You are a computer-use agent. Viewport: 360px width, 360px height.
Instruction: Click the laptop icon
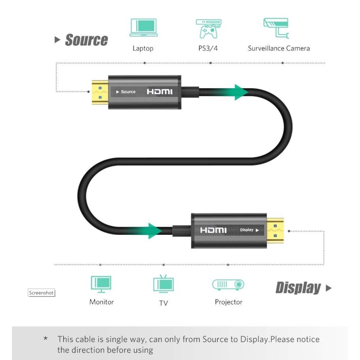tap(143, 27)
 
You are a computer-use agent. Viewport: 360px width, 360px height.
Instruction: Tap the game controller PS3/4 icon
tap(208, 29)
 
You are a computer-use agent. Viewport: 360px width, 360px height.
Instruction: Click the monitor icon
tap(101, 284)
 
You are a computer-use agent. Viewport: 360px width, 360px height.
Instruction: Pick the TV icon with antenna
tap(163, 284)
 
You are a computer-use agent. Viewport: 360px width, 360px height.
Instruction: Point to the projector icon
tap(228, 285)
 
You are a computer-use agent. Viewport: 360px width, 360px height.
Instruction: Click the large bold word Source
tap(86, 40)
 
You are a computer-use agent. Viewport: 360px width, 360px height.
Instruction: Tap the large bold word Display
tap(298, 288)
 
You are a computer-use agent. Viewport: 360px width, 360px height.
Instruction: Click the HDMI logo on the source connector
tap(160, 92)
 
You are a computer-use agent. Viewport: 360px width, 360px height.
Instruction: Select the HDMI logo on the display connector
tap(213, 230)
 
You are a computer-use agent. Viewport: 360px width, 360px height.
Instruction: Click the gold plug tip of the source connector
tap(100, 92)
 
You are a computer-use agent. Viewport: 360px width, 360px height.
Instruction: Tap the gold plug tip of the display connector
tap(275, 231)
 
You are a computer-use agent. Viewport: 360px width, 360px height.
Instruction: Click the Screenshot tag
tap(41, 293)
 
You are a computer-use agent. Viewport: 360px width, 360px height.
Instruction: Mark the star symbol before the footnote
tap(46, 338)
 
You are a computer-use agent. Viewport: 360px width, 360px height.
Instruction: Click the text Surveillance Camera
tap(279, 49)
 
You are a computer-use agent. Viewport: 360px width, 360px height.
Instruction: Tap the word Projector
tap(229, 302)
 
